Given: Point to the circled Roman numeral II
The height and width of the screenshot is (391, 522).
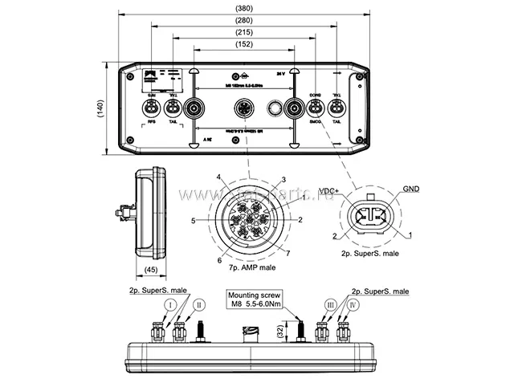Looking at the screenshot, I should click(197, 304).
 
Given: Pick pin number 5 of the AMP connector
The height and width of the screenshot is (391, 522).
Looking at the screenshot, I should click(194, 219).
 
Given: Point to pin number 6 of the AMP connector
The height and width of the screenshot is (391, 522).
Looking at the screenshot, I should click(218, 260).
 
